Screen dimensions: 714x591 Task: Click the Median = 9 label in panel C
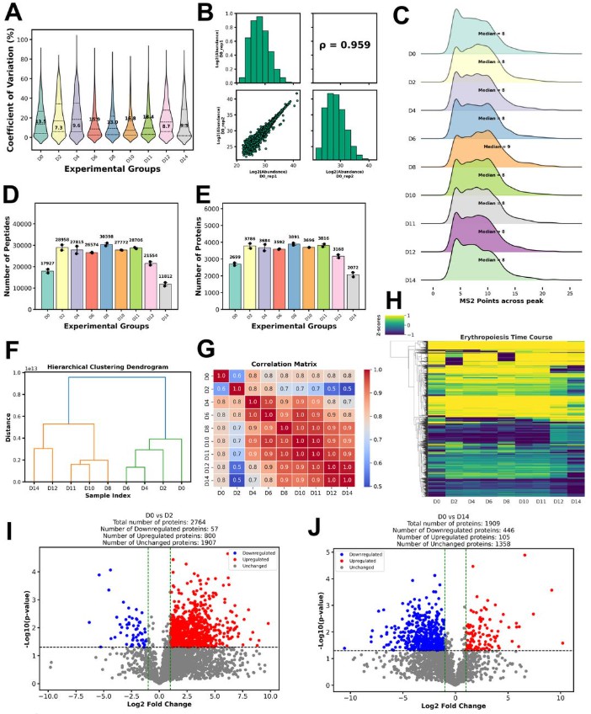point(498,146)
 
